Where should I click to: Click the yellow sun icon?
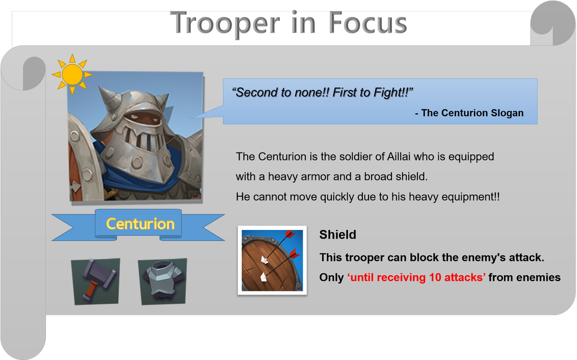[72, 74]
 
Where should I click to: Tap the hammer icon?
[96, 281]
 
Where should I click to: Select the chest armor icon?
[163, 281]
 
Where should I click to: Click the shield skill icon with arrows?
[272, 260]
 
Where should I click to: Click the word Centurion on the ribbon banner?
[140, 224]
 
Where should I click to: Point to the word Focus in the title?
[368, 23]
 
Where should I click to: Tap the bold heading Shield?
[337, 235]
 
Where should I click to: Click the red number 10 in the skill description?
[435, 277]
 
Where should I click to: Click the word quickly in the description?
[337, 197]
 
